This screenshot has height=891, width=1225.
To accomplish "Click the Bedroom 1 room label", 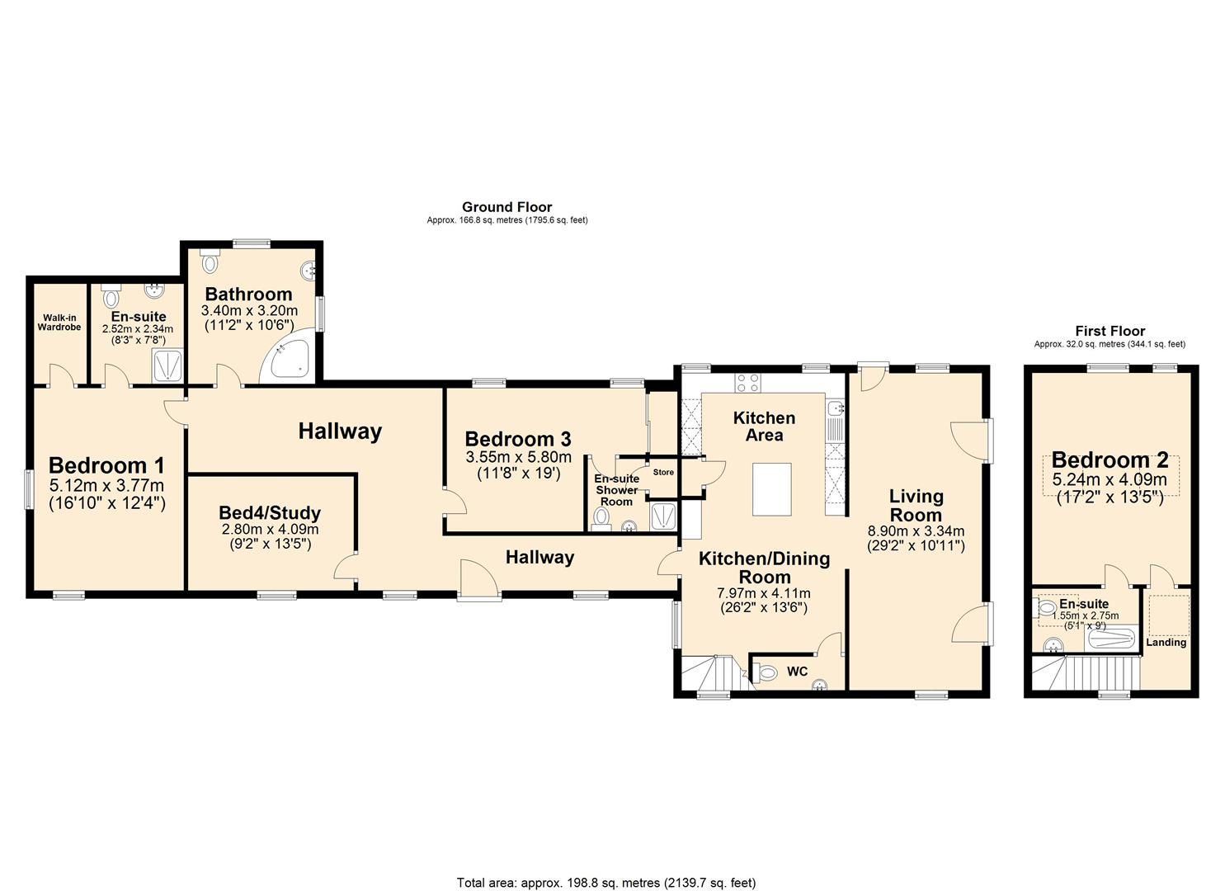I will click(x=106, y=465).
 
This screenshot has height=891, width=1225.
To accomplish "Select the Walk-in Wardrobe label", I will click(x=59, y=323).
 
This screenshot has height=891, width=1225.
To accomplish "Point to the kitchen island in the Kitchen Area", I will click(x=772, y=489).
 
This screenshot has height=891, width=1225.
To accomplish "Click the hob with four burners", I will click(x=747, y=382).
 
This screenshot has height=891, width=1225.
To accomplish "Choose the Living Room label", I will click(x=916, y=505).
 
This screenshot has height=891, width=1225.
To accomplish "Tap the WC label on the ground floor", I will click(x=797, y=672).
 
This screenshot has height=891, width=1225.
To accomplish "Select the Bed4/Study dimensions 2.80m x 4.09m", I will click(x=270, y=530).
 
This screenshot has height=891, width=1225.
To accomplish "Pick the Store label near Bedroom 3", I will click(x=663, y=473).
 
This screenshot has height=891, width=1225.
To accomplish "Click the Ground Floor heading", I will click(x=506, y=207).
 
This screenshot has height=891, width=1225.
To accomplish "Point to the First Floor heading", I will click(x=1110, y=331).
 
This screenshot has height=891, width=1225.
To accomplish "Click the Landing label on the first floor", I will click(x=1166, y=642).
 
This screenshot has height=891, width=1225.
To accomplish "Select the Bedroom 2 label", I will click(x=1110, y=460).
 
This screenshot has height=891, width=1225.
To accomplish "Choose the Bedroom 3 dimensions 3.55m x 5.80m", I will click(x=518, y=456).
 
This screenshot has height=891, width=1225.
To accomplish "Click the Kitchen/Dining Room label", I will click(x=764, y=568).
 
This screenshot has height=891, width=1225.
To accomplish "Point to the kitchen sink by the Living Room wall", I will click(x=834, y=408).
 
